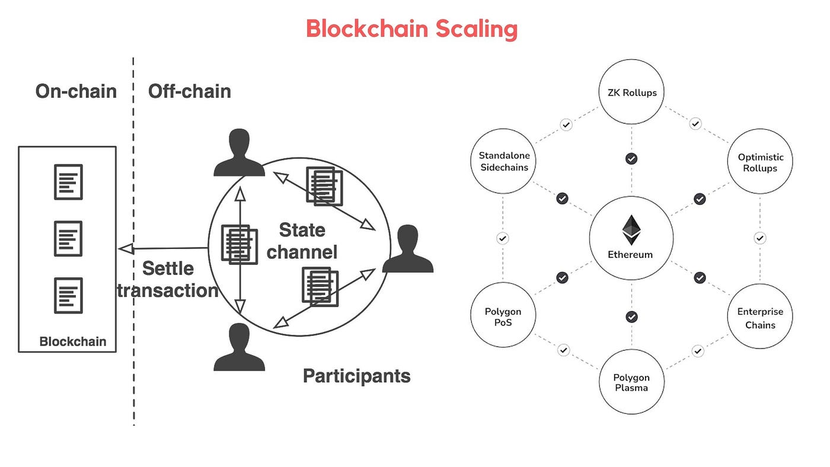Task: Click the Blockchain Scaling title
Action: [411, 28]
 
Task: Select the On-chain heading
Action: [76, 91]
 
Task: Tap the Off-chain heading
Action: [189, 91]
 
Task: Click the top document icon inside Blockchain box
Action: [68, 182]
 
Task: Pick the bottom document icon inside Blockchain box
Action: [68, 295]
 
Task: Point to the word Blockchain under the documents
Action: [72, 341]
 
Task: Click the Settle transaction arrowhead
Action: [125, 249]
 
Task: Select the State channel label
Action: [302, 241]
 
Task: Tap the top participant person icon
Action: [239, 153]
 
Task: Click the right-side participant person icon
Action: [408, 249]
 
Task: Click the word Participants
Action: [356, 376]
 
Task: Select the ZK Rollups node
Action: [631, 92]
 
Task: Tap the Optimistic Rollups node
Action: [760, 162]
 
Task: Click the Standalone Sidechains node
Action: [504, 162]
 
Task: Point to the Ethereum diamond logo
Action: [631, 230]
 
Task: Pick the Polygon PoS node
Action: [503, 316]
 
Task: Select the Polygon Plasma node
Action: [631, 382]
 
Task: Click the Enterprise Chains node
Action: [760, 317]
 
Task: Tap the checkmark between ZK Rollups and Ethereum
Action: [631, 159]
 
